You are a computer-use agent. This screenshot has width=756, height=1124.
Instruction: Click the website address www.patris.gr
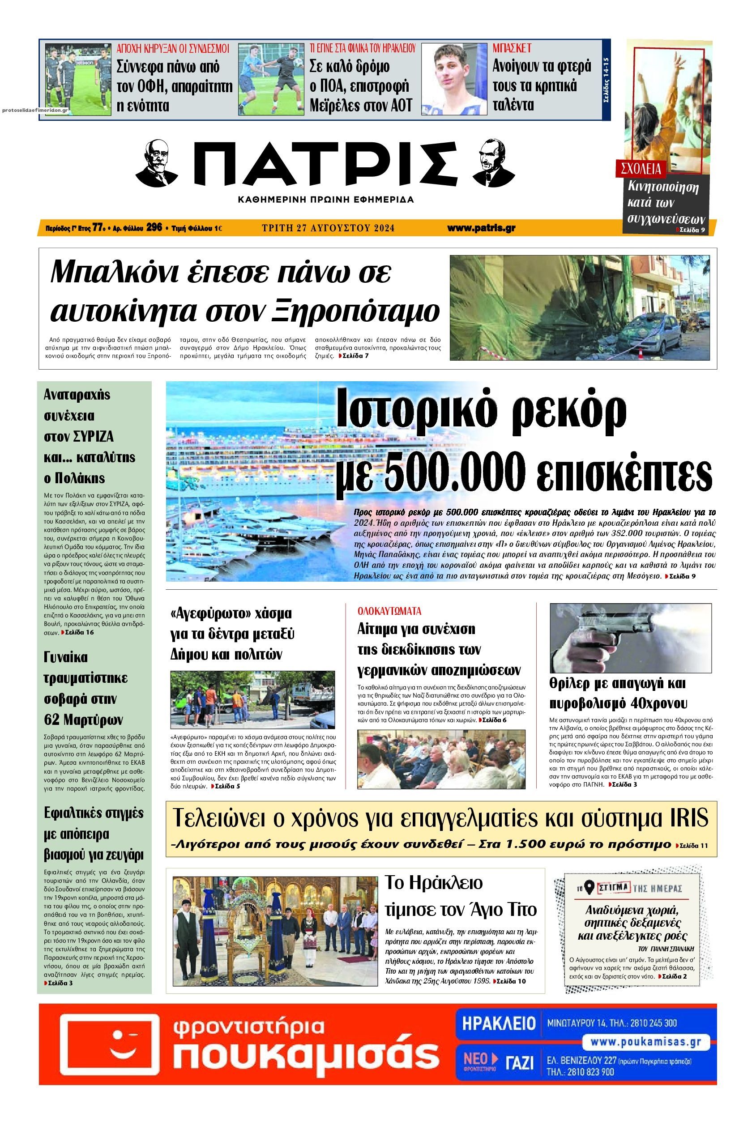click(481, 228)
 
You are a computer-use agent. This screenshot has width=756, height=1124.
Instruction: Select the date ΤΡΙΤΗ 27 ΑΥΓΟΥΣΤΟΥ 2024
click(328, 228)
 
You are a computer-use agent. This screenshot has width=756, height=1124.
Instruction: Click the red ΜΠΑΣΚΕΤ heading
click(512, 48)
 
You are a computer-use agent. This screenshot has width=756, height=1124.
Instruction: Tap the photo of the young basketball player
click(454, 79)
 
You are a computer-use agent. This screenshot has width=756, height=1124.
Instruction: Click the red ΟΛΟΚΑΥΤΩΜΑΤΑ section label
click(389, 611)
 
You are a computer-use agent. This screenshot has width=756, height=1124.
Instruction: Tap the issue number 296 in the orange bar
click(154, 228)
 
